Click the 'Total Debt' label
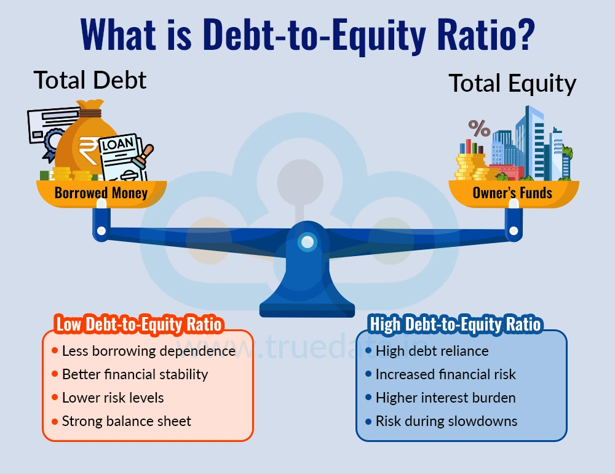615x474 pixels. [x=90, y=80]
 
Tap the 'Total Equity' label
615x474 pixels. [x=512, y=83]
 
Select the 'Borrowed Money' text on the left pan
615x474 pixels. [x=101, y=193]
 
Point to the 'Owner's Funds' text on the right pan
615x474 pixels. [x=512, y=193]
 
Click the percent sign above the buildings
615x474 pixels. [x=479, y=128]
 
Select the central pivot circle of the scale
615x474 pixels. [x=306, y=241]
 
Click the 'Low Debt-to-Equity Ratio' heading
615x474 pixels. [x=139, y=324]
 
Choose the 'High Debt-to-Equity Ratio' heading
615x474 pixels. [x=455, y=324]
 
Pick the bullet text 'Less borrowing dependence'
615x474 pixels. [x=149, y=351]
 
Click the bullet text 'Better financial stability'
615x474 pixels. [x=135, y=374]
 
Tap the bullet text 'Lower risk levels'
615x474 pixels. [x=113, y=398]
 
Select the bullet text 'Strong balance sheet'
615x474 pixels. [x=126, y=421]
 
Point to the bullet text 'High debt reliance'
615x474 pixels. [x=432, y=351]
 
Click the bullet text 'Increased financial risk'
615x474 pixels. [x=445, y=374]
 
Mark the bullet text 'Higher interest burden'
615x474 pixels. [x=445, y=398]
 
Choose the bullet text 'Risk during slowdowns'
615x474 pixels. [x=446, y=421]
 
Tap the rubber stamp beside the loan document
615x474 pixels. [x=145, y=157]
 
